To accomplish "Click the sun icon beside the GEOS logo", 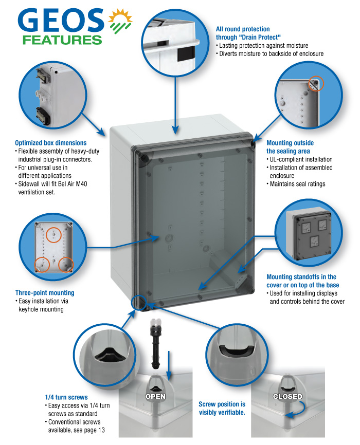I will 119,21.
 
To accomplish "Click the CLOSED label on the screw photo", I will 287,397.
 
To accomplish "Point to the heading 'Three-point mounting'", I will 45,293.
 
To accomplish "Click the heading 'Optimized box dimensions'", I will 51,143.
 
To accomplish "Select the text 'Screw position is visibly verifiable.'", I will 222,409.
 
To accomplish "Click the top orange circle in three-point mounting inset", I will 52,235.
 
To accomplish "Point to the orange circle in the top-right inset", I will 314,83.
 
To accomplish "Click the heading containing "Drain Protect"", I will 243,33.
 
